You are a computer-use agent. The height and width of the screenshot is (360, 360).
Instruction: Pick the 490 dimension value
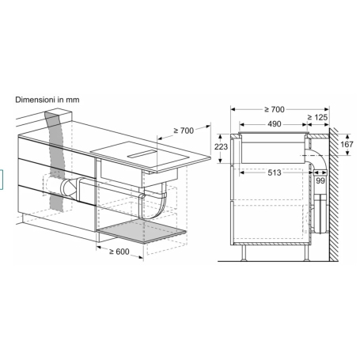click(x=273, y=123)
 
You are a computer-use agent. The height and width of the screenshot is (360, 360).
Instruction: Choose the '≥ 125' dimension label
click(x=319, y=116)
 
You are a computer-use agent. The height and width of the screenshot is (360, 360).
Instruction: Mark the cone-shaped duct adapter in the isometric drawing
click(x=65, y=188)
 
